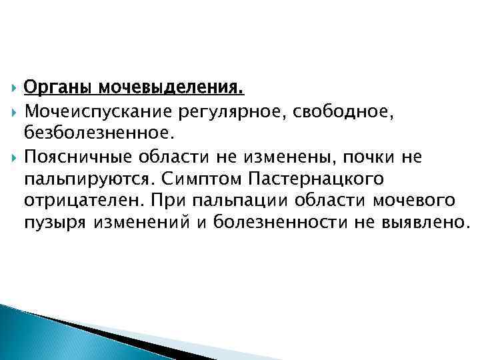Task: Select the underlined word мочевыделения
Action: [169, 87]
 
